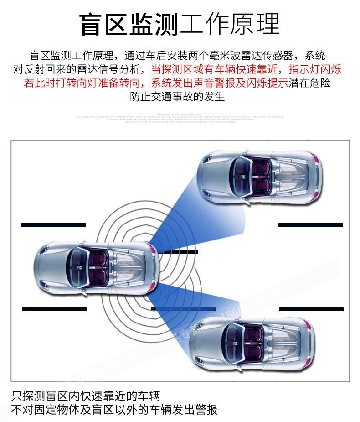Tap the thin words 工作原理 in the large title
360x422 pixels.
point(230,24)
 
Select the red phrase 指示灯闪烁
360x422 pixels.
point(315,70)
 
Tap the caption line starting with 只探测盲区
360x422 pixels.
point(86,395)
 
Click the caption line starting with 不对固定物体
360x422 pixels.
point(114,409)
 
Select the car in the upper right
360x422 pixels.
point(259,175)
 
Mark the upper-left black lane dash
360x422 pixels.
point(53,224)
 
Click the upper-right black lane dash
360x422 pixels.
point(310,224)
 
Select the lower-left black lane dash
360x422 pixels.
point(54,309)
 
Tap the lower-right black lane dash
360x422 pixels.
point(311,309)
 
